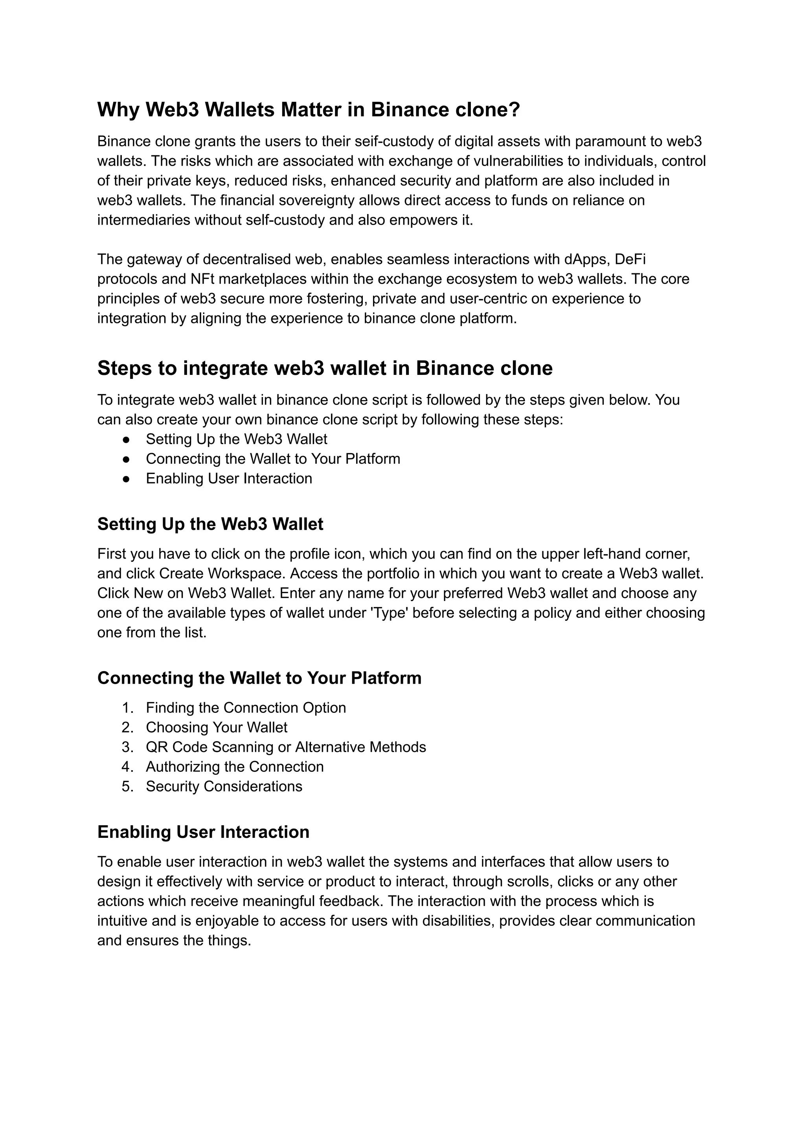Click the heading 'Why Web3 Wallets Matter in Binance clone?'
(x=308, y=110)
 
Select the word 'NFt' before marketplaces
(x=202, y=279)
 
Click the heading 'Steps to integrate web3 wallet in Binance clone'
(x=325, y=368)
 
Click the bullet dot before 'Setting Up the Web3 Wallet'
(x=127, y=439)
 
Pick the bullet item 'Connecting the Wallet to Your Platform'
(x=273, y=459)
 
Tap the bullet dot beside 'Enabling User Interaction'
(x=127, y=479)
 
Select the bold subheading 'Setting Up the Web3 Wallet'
(x=210, y=524)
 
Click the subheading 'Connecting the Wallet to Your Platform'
(x=259, y=678)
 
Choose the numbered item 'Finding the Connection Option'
(x=246, y=708)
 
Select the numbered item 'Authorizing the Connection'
(x=234, y=767)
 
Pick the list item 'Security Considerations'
(x=224, y=786)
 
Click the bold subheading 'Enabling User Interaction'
(x=203, y=832)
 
